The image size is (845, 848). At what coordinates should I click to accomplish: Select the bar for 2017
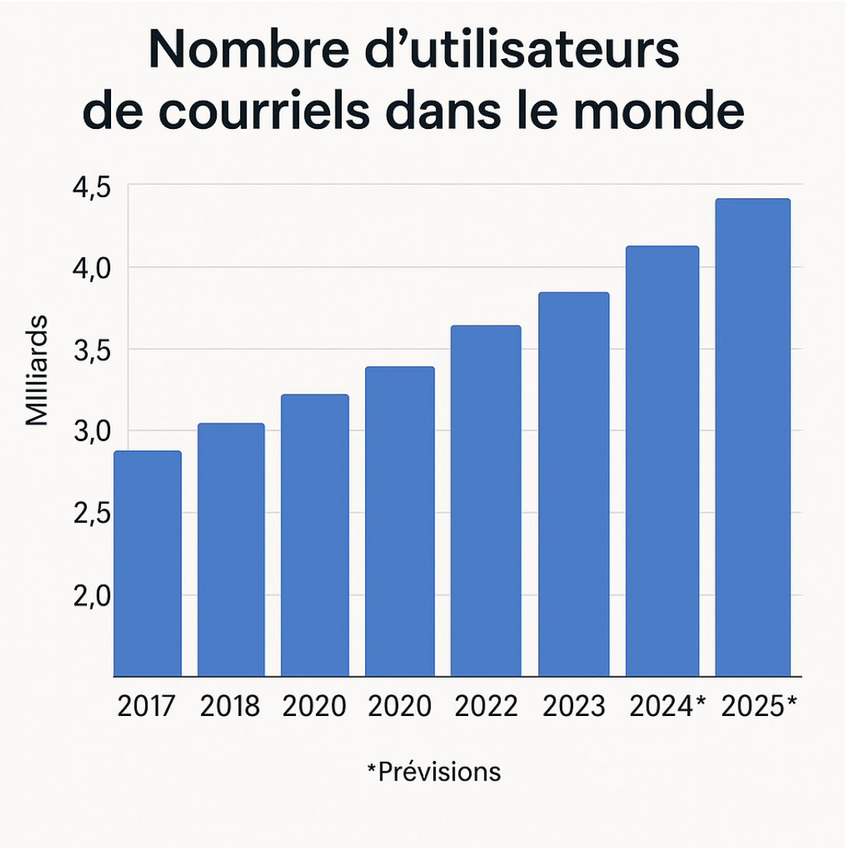click(148, 563)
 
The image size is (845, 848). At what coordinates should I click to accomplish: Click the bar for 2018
click(231, 550)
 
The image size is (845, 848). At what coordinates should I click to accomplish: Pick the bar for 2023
click(574, 485)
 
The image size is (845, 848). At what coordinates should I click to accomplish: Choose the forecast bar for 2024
click(662, 461)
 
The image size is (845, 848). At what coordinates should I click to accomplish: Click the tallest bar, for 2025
click(753, 437)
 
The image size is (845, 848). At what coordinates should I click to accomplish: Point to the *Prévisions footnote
click(433, 772)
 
